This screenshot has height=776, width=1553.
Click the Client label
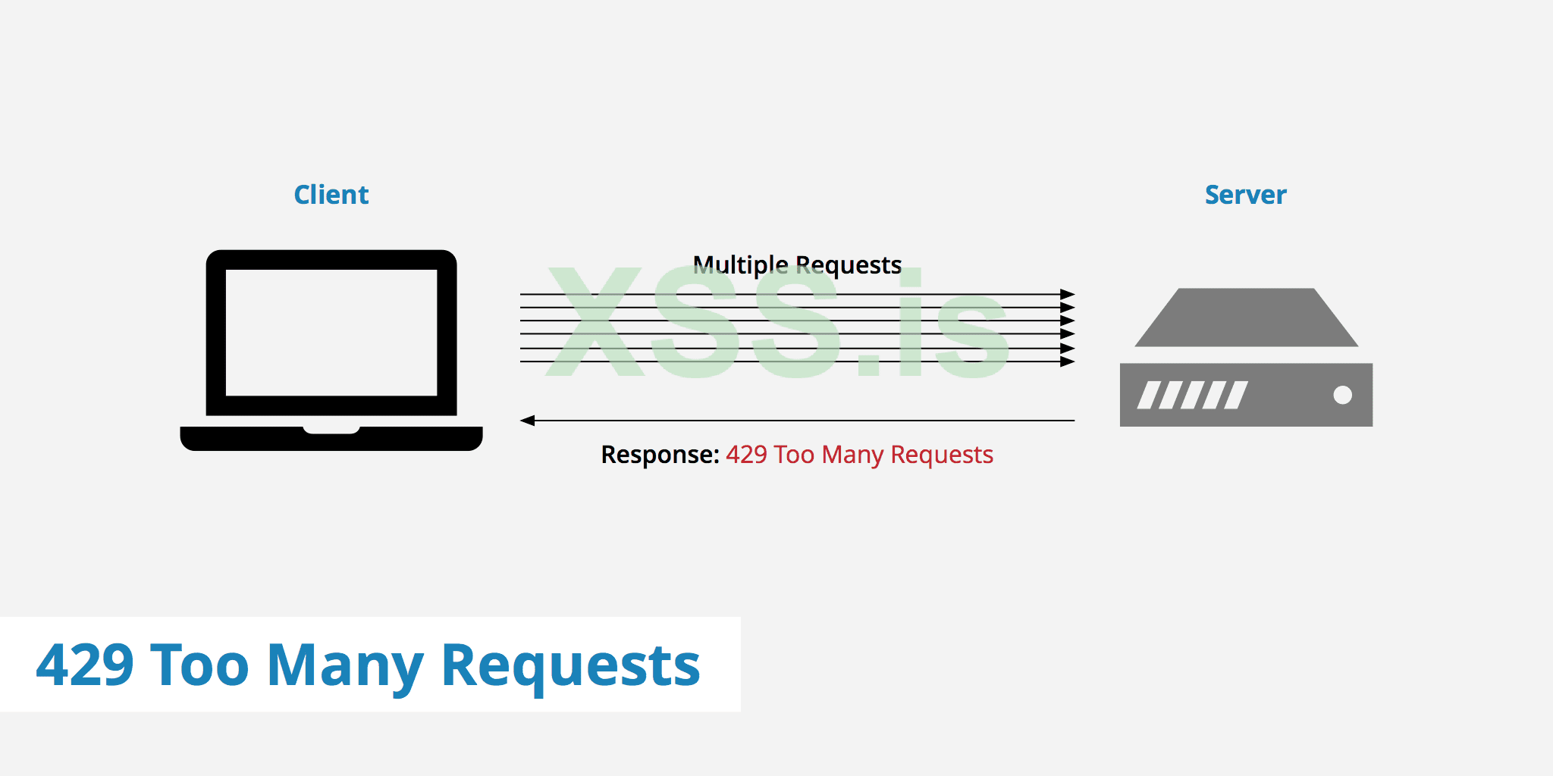tap(331, 195)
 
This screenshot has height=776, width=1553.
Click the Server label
tap(1245, 195)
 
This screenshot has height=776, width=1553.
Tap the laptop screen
tap(331, 332)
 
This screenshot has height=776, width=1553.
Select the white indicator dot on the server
tap(1342, 395)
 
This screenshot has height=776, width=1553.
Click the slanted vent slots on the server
tap(1192, 395)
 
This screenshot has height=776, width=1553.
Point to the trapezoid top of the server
tap(1246, 318)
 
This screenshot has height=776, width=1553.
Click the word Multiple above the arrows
tap(741, 265)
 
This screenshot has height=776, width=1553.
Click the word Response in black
tap(659, 455)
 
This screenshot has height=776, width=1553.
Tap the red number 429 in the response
tap(746, 455)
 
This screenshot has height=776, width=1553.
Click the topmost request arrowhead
tap(1068, 294)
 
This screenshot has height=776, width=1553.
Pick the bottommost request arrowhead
tap(1068, 361)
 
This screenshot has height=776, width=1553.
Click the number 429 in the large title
tap(85, 665)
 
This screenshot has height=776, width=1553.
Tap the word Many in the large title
tap(345, 665)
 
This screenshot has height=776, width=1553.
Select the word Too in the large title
tap(199, 665)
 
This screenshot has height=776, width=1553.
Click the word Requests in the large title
tap(570, 665)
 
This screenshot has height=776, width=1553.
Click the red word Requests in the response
tap(942, 455)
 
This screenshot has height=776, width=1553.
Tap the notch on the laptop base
tap(331, 430)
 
